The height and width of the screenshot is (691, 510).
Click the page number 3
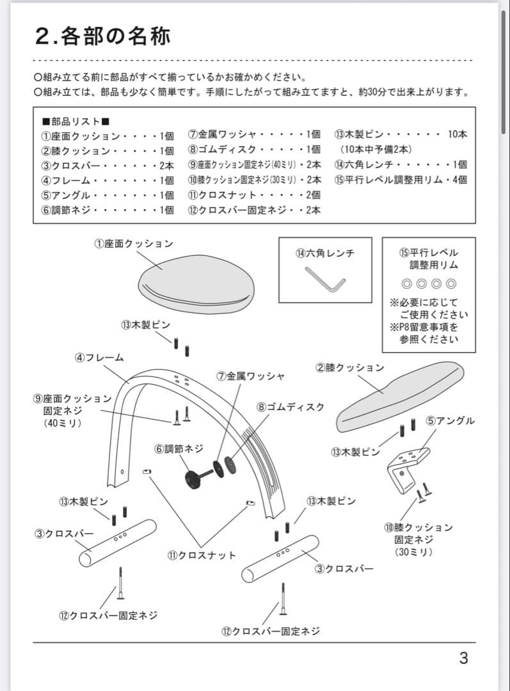[x=463, y=658]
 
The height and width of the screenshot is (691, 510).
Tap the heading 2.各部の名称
[x=103, y=36]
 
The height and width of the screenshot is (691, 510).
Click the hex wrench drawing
[x=325, y=280]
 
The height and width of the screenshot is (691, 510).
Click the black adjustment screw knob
[x=194, y=478]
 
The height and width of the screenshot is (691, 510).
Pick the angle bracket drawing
[x=406, y=467]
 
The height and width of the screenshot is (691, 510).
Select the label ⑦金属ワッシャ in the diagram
[x=250, y=376]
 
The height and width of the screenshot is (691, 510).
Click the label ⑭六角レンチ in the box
[x=324, y=253]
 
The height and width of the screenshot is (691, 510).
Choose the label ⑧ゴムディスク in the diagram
[x=291, y=407]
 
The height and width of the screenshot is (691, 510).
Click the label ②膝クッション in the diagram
[x=350, y=367]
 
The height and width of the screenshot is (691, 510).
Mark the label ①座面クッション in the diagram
[x=134, y=244]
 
